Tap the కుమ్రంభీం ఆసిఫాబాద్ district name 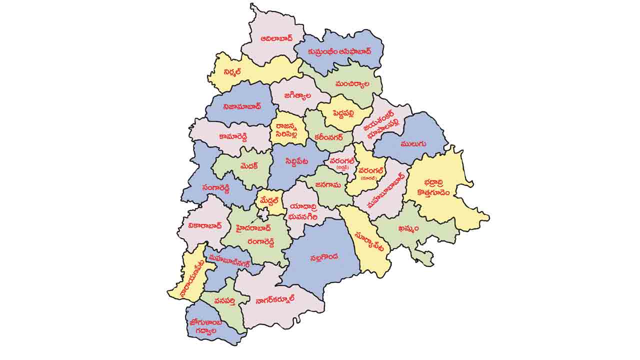point(339,51)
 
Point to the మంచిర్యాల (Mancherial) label point(352,83)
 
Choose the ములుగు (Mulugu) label point(412,144)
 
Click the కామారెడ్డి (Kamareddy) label point(238,136)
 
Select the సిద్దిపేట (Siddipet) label point(297,161)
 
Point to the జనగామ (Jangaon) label point(327,184)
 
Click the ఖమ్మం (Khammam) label point(409,228)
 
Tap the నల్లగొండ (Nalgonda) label point(323,257)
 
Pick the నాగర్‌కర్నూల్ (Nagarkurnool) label point(274,299)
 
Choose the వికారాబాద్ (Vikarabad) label point(205,226)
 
